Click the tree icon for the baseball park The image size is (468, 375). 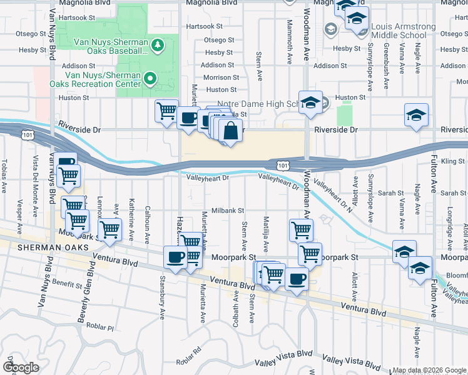tap(158, 44)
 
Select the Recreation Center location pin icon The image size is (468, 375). tap(150, 77)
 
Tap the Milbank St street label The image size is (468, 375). tap(227, 211)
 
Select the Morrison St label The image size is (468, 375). tap(218, 77)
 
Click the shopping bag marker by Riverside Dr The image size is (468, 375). tap(230, 131)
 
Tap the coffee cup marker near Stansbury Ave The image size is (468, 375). tap(175, 257)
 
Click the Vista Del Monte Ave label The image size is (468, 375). tap(36, 176)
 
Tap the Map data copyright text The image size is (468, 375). tap(429, 370)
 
